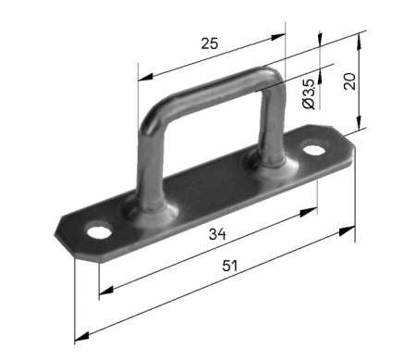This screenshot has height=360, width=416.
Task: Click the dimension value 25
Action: [210, 43]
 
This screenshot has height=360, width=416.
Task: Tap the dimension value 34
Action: [217, 234]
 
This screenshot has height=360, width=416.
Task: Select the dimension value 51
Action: [230, 266]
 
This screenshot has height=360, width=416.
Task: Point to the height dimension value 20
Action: [349, 81]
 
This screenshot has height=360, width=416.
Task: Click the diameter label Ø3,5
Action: [309, 94]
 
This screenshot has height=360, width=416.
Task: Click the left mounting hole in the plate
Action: [99, 231]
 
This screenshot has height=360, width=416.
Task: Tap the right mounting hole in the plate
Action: [314, 150]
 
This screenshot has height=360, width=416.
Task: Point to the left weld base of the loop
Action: [151, 210]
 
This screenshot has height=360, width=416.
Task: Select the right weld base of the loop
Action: [271, 166]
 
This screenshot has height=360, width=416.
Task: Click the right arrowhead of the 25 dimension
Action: [278, 37]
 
